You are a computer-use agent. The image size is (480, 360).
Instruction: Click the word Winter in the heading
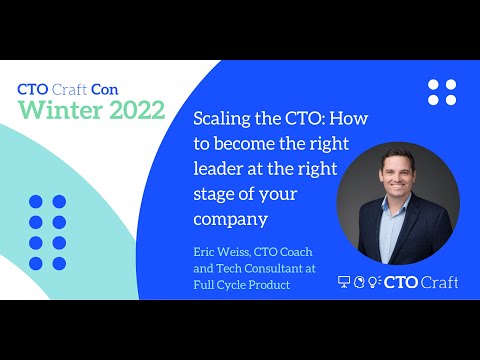pyautogui.click(x=58, y=110)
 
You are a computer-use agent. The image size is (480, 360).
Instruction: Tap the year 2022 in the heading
pyautogui.click(x=133, y=110)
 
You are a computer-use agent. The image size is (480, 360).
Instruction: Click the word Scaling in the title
pyautogui.click(x=221, y=117)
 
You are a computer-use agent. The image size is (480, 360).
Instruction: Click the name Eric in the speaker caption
pyautogui.click(x=206, y=255)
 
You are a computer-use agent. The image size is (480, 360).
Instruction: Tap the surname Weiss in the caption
pyautogui.click(x=236, y=255)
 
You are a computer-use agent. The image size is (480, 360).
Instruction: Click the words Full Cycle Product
pyautogui.click(x=243, y=285)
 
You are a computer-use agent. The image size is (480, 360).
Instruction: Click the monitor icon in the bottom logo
pyautogui.click(x=345, y=283)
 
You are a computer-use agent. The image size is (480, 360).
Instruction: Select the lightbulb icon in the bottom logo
pyautogui.click(x=374, y=283)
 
